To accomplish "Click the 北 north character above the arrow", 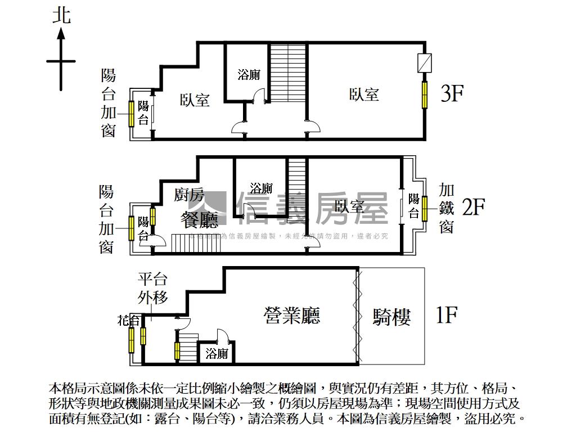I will (61, 15).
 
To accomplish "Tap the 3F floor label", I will (451, 93).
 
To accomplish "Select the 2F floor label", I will (473, 207).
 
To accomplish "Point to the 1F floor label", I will (446, 315).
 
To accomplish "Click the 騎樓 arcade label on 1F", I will (391, 317).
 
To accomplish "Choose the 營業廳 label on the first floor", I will (292, 315).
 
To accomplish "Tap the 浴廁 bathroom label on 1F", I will (217, 354).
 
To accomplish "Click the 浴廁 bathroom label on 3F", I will (249, 75).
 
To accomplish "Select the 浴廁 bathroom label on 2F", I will (261, 188).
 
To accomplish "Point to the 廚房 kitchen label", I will (189, 195).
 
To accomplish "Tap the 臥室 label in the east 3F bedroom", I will (364, 94).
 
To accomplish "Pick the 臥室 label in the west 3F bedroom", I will (195, 100).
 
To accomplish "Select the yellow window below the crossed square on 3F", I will (425, 94).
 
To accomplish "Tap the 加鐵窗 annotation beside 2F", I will (447, 208).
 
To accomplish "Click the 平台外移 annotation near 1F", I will (152, 288).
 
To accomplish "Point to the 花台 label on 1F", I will (128, 321).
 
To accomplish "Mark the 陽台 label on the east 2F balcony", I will (413, 206).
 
